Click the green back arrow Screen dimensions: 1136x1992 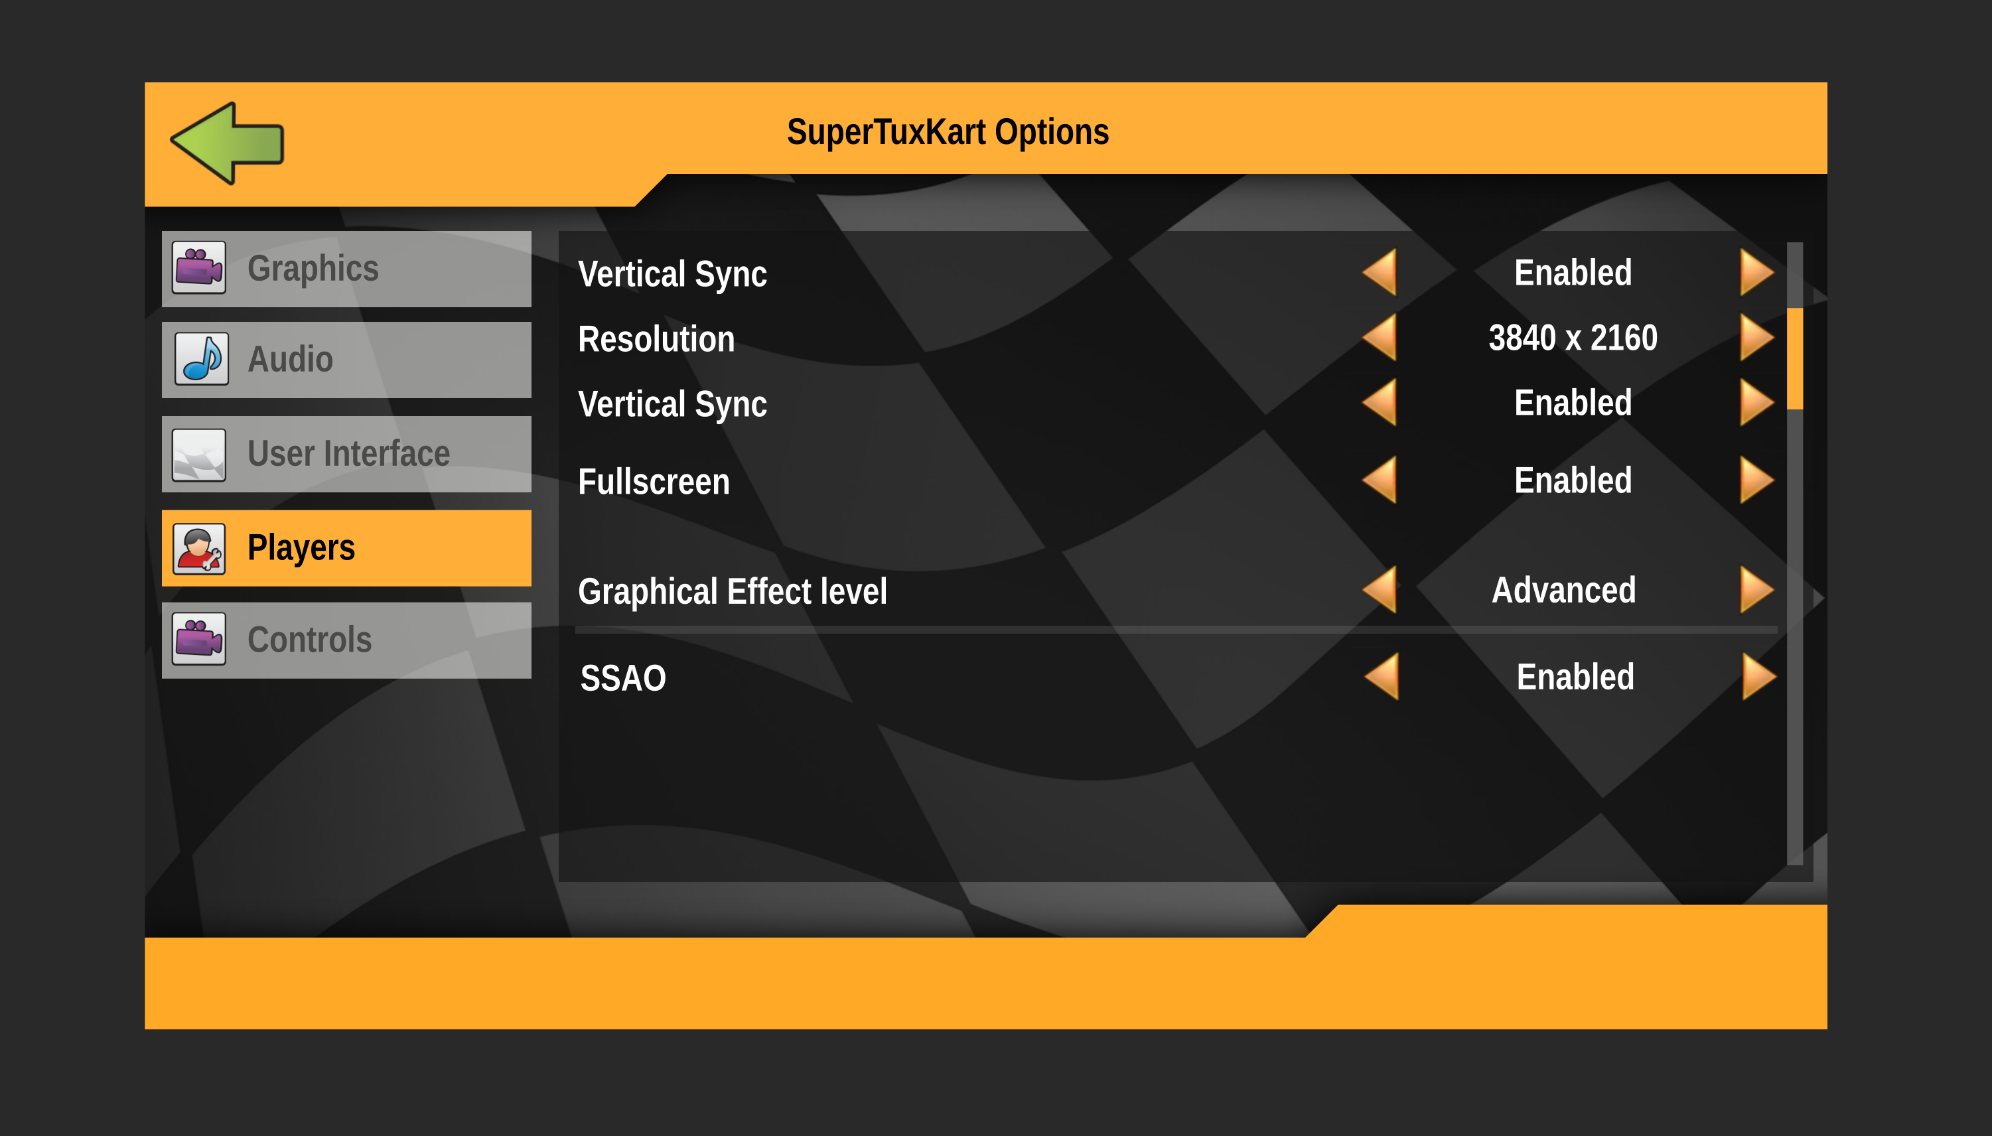point(227,143)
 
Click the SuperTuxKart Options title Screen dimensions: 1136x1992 point(948,132)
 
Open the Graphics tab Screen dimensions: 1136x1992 point(346,268)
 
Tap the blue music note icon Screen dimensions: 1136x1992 point(201,359)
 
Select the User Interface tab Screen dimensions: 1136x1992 point(346,453)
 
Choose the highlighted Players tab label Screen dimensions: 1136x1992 point(301,547)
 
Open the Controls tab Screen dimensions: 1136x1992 point(346,640)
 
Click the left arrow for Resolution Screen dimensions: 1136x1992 point(1380,338)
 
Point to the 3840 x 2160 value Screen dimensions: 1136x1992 point(1572,338)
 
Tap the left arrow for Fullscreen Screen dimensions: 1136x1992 point(1380,480)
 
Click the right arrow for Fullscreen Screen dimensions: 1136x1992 point(1756,480)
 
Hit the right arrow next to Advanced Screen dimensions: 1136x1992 point(1756,590)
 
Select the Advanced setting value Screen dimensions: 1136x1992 point(1563,590)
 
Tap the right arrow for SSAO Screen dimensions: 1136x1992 point(1758,676)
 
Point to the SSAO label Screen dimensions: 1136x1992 point(622,678)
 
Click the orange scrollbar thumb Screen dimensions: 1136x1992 point(1795,359)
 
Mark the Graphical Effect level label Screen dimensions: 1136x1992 point(732,591)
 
